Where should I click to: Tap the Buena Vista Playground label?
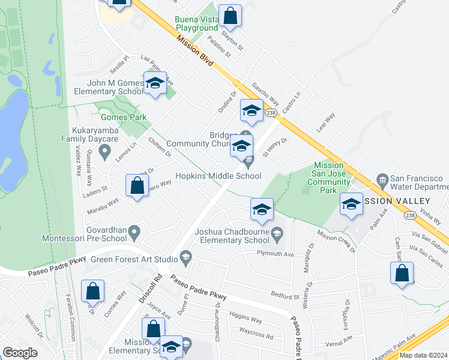(196, 23)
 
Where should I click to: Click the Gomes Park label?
(116, 117)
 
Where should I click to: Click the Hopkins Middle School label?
(218, 176)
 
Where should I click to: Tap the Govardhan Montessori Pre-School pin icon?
(134, 231)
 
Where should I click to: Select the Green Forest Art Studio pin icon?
(186, 259)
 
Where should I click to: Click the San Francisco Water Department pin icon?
(382, 179)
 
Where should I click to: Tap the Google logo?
(20, 353)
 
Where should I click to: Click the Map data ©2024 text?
(423, 355)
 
